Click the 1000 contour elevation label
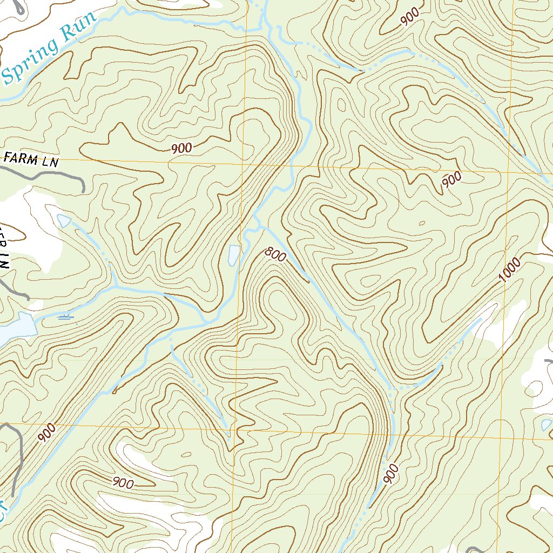coord(510,270)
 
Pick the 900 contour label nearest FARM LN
coord(181,148)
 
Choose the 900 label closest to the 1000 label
coord(451,180)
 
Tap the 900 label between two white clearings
coord(123,482)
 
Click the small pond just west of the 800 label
coord(233,254)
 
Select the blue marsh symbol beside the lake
coord(66,317)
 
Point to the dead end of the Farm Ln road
coord(84,190)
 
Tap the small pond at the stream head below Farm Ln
coord(63,220)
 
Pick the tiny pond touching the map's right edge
coord(547,425)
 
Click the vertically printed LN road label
coord(4,254)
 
